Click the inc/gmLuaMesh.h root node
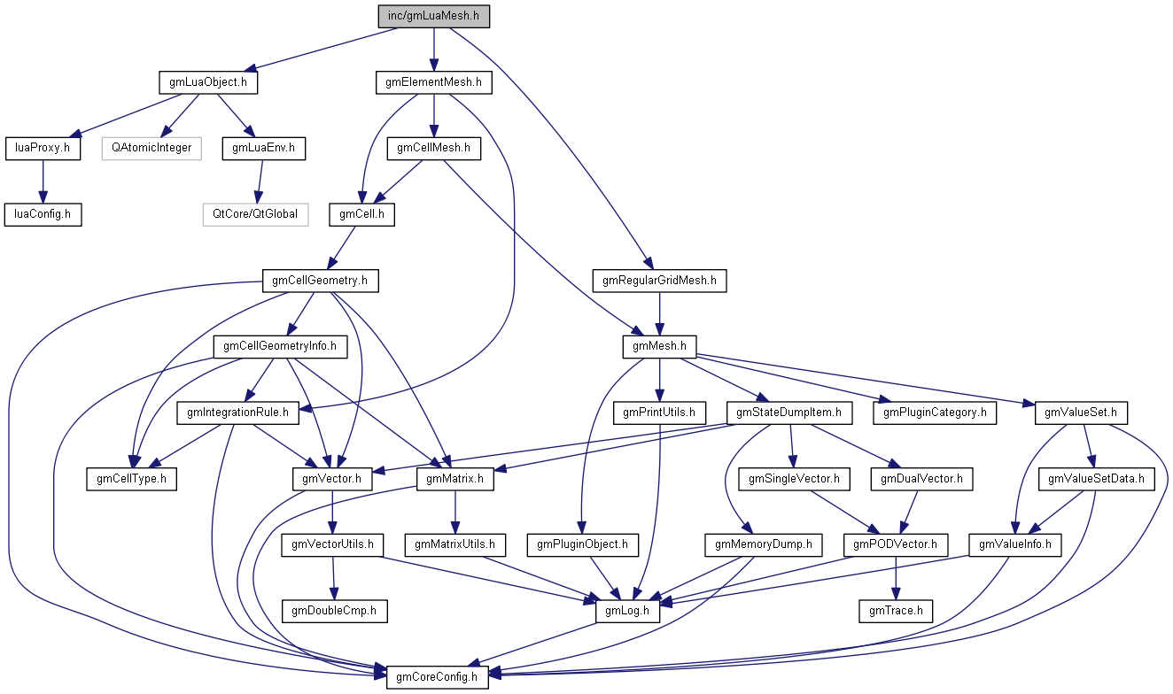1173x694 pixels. [433, 16]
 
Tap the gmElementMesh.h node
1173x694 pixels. [433, 82]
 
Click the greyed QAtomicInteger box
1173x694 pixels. [151, 148]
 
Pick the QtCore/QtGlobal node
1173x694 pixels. [255, 213]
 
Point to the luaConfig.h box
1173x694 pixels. [43, 213]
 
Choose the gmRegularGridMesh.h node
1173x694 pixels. [659, 281]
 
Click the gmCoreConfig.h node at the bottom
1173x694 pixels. [437, 677]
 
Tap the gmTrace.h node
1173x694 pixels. [896, 610]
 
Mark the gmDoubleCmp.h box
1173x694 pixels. [334, 610]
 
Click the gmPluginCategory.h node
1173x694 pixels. [936, 412]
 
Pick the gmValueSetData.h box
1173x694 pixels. [1097, 479]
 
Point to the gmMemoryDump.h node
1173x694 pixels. [764, 544]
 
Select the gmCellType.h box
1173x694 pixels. [131, 479]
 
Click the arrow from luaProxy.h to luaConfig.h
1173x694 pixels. [43, 181]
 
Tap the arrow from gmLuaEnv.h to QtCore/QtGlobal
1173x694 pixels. [258, 181]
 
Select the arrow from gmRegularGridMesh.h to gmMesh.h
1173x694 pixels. [659, 313]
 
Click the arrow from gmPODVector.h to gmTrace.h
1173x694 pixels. [896, 577]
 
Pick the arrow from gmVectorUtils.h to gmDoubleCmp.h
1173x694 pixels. [333, 577]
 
